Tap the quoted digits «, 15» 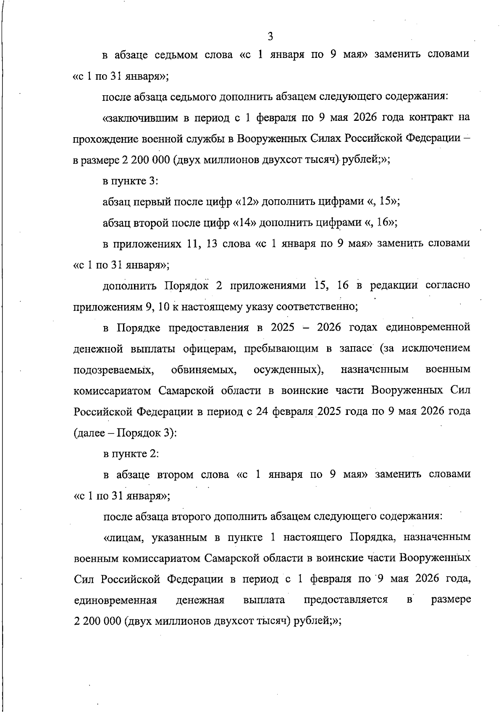383,202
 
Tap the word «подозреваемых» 113,370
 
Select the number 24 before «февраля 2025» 262,411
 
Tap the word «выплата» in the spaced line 264,600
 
